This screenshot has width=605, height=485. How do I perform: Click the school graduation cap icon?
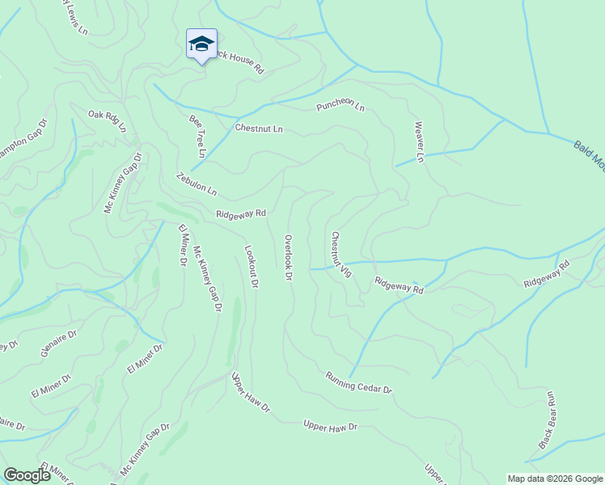(201, 44)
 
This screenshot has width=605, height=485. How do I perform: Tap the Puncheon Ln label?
(341, 107)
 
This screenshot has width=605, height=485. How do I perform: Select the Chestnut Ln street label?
(259, 128)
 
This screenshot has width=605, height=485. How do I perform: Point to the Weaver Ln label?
(419, 141)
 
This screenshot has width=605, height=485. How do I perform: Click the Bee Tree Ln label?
(197, 136)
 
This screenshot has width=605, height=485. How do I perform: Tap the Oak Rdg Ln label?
(107, 121)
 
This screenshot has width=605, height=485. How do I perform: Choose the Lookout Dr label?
(252, 268)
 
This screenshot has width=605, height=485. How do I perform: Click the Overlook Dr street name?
(288, 257)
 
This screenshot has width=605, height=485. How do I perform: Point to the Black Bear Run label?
(548, 420)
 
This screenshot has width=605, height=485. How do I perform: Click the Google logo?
(27, 475)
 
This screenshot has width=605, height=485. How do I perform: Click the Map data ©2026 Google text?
(554, 479)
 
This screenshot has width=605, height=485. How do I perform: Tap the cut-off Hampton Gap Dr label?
(23, 141)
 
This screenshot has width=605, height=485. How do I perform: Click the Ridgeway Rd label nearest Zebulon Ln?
(241, 213)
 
